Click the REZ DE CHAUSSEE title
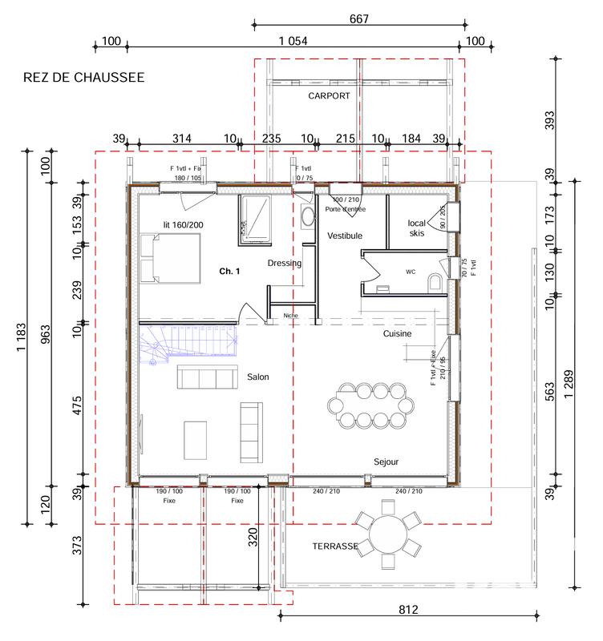point(84,78)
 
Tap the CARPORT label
point(330,95)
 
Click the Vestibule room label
point(345,236)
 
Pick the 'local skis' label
point(416,227)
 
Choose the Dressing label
point(284,263)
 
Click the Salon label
point(257,377)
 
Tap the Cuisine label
point(397,333)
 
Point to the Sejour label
point(386,462)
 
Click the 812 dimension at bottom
point(408,611)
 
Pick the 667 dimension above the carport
point(358,19)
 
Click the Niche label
point(290,316)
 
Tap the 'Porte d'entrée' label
point(346,209)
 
